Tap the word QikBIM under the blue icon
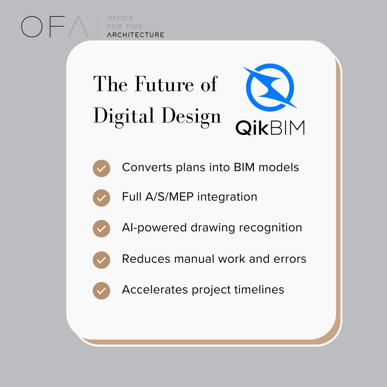[x=270, y=128]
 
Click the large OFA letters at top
[x=55, y=27]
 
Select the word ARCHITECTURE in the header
[x=135, y=35]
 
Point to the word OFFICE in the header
[x=120, y=19]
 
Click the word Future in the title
[x=164, y=84]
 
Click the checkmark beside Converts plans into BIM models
[x=101, y=168]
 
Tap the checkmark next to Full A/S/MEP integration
[x=101, y=198]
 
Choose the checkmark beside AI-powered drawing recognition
[x=101, y=229]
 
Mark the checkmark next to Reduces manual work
[x=101, y=260]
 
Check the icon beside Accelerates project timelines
[x=101, y=291]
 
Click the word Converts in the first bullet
[x=147, y=167]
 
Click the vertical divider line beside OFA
[x=98, y=27]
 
